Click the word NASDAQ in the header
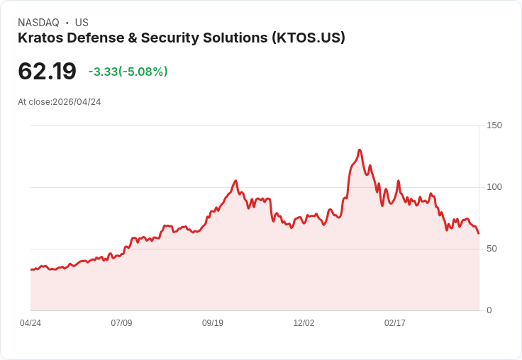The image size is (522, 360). pos(38,23)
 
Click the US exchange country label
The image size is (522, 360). pos(82,23)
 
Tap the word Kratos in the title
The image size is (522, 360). pos(40,38)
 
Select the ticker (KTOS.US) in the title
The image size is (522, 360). pos(308,38)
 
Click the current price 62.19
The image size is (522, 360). pos(47,72)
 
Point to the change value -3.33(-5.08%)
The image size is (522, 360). pos(128,72)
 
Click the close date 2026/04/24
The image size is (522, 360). pos(77,102)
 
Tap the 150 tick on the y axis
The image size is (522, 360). pos(494,125)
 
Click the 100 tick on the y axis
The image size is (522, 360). pos(494,187)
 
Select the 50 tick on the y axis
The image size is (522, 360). pos(492,249)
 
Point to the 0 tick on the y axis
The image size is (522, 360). pos(489,310)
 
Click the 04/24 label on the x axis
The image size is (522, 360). pos(30,323)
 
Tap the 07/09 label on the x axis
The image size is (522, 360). pos(121,323)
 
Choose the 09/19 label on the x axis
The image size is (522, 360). pos(213,323)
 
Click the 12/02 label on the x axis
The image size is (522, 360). pos(304,323)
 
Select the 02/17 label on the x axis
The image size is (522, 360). pos(395,323)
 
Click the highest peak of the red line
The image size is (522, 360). pos(360,150)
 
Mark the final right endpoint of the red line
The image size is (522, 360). pos(479,233)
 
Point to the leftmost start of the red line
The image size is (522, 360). pos(31,269)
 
